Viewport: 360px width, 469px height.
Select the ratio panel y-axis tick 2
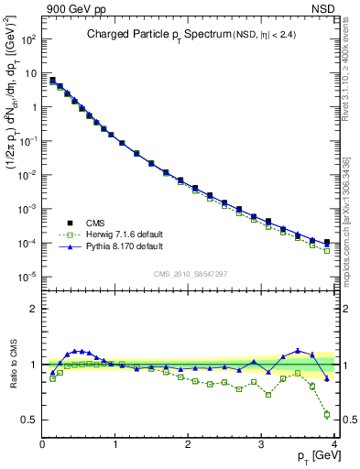coord(32,309)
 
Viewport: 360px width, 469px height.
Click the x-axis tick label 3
coord(262,446)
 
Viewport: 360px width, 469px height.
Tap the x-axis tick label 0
coord(42,446)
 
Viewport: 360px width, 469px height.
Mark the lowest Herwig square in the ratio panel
coord(327,414)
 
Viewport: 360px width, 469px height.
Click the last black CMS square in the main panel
coord(327,242)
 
